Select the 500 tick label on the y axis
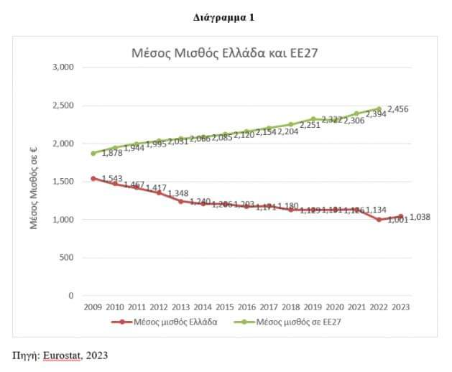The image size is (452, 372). (x=68, y=257)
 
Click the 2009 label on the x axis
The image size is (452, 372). (x=93, y=307)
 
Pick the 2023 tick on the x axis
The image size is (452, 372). (x=401, y=307)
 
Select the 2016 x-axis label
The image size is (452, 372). (x=246, y=307)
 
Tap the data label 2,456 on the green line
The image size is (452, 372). (x=398, y=109)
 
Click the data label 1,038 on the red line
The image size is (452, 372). (x=420, y=217)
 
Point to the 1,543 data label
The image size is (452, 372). (x=111, y=179)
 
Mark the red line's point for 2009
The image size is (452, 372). (x=93, y=178)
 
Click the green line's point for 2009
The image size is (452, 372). (x=93, y=153)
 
